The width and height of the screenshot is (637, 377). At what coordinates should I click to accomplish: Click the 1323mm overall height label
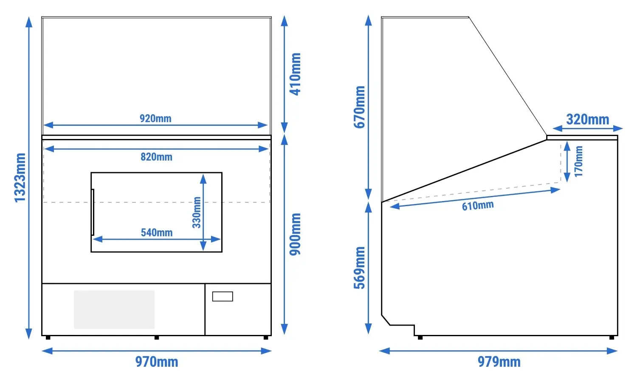(20, 178)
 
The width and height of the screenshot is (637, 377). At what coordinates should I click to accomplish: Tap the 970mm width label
(157, 362)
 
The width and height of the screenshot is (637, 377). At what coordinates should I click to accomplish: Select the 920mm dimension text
(155, 118)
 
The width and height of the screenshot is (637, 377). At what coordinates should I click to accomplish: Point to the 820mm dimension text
(156, 157)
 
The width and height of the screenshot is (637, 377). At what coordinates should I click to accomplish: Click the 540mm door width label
(157, 232)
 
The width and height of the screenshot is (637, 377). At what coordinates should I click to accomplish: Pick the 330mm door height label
(197, 212)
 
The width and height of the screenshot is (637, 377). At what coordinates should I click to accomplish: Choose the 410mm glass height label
(295, 74)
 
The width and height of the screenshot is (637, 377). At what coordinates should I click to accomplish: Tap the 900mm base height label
(295, 234)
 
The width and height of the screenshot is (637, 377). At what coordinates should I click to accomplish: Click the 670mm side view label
(359, 107)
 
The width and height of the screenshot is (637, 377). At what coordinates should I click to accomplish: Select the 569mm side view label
(359, 268)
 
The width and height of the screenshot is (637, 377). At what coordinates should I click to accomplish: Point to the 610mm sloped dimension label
(478, 205)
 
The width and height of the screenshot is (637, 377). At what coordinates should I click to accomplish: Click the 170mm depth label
(579, 162)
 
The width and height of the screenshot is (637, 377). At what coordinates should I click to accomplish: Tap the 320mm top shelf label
(588, 119)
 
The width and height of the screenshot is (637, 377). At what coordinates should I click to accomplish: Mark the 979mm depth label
(499, 362)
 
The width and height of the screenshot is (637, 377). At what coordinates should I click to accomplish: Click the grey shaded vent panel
(114, 309)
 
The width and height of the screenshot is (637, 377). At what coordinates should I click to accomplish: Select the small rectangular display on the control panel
(223, 297)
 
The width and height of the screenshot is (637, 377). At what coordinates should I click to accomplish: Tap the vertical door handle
(93, 212)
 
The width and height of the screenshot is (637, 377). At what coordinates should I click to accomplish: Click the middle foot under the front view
(157, 338)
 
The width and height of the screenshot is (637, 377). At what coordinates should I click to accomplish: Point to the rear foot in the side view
(612, 338)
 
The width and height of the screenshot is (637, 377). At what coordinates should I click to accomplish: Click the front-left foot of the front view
(48, 338)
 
